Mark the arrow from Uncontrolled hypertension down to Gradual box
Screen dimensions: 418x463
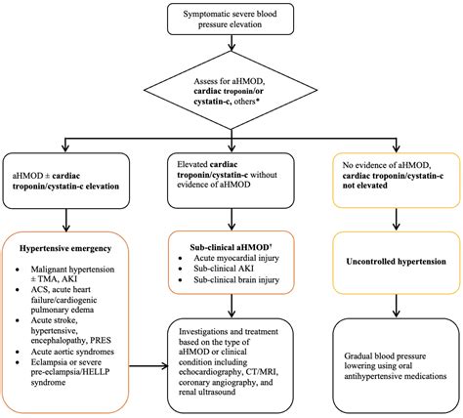[x=395, y=305]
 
